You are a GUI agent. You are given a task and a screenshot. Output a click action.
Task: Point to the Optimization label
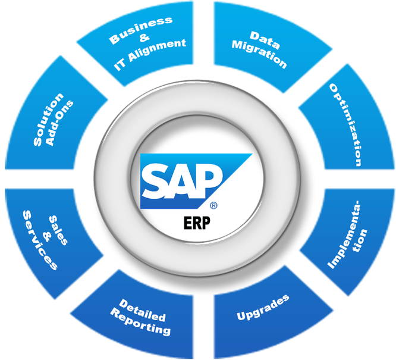point(347,124)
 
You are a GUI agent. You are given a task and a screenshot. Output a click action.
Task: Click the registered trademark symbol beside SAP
point(213,206)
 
